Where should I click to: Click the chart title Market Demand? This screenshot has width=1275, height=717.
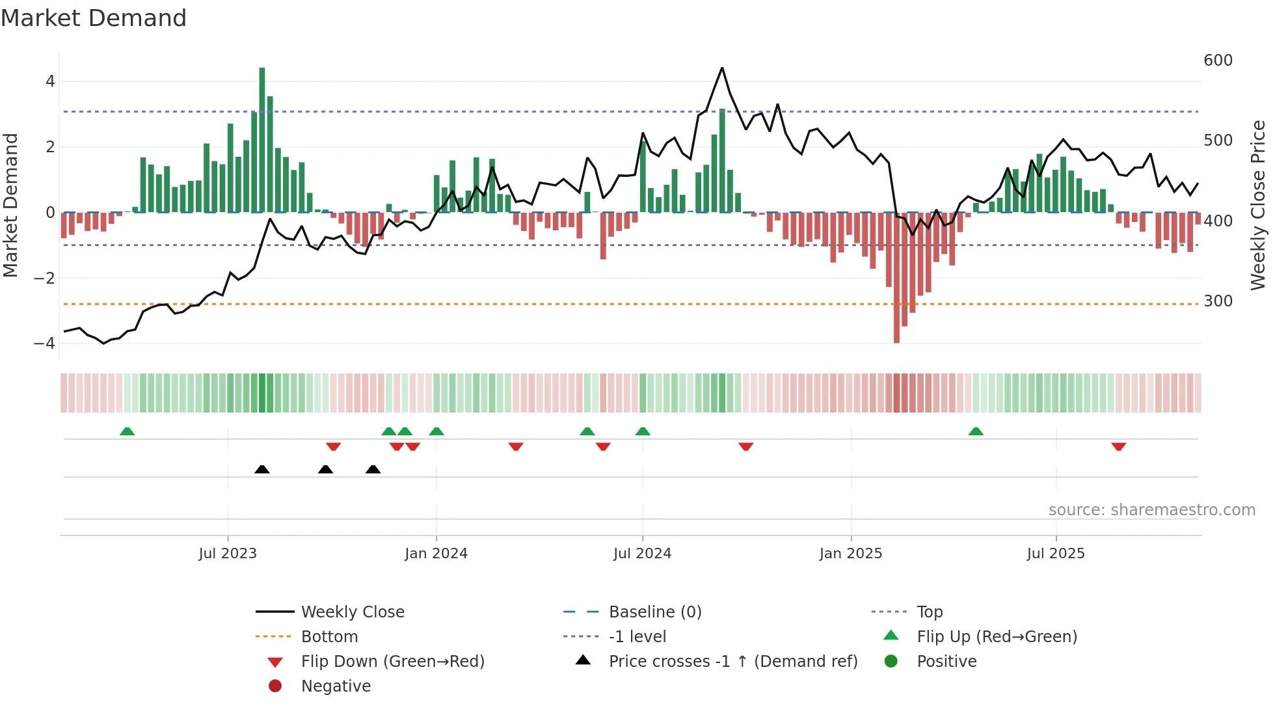(94, 18)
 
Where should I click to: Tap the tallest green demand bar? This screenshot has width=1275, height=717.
(262, 140)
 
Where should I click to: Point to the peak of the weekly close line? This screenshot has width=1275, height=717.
(722, 68)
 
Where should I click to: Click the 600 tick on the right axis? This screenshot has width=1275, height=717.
(1218, 61)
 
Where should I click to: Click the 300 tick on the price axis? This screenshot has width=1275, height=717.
(1218, 301)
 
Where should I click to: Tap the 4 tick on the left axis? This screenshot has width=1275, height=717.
(50, 81)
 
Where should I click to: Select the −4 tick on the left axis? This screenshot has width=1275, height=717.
(44, 343)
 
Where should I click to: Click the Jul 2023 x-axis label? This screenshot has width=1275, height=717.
(228, 554)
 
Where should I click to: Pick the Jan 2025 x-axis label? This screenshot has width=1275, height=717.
(850, 554)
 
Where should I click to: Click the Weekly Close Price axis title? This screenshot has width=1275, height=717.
(1258, 205)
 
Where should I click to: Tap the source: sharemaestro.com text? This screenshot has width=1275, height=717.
(1151, 510)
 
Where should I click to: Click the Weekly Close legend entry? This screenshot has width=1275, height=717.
(352, 612)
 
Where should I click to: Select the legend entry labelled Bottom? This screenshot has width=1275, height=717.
(329, 636)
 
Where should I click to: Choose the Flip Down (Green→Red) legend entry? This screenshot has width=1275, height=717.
(392, 661)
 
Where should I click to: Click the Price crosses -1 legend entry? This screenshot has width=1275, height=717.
(732, 661)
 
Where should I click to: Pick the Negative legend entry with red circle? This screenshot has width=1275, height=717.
(336, 686)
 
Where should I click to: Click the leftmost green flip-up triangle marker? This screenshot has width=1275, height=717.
(127, 431)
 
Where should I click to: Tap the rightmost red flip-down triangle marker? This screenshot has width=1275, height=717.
(1118, 446)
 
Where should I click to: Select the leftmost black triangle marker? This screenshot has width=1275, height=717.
(262, 469)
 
